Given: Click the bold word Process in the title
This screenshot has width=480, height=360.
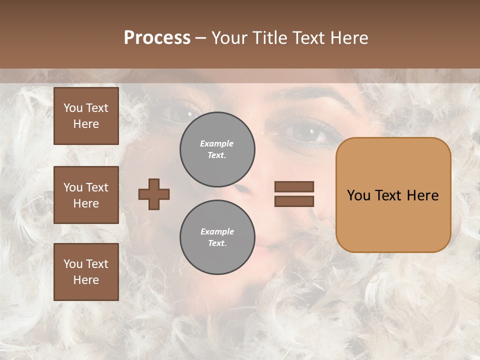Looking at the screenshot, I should pyautogui.click(x=157, y=38).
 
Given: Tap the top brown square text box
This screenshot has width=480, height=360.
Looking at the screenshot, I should pyautogui.click(x=86, y=116).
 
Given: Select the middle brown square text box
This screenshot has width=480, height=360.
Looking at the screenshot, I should pyautogui.click(x=86, y=195).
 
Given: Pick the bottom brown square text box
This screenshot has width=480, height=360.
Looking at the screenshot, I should pyautogui.click(x=86, y=272).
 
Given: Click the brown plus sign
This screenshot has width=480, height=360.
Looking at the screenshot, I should pyautogui.click(x=154, y=194).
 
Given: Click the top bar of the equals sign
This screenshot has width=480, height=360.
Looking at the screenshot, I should pyautogui.click(x=294, y=186).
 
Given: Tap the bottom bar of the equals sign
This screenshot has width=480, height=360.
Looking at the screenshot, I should pyautogui.click(x=294, y=201).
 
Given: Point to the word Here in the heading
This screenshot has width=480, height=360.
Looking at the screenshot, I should pyautogui.click(x=348, y=38).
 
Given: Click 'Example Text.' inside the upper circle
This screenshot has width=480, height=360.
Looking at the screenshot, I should pyautogui.click(x=217, y=149).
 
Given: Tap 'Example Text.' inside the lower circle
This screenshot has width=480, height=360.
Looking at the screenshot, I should pyautogui.click(x=217, y=237).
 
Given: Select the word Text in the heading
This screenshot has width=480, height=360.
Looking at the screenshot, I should pyautogui.click(x=308, y=38).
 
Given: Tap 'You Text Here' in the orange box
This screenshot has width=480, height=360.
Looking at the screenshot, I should pyautogui.click(x=393, y=195).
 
